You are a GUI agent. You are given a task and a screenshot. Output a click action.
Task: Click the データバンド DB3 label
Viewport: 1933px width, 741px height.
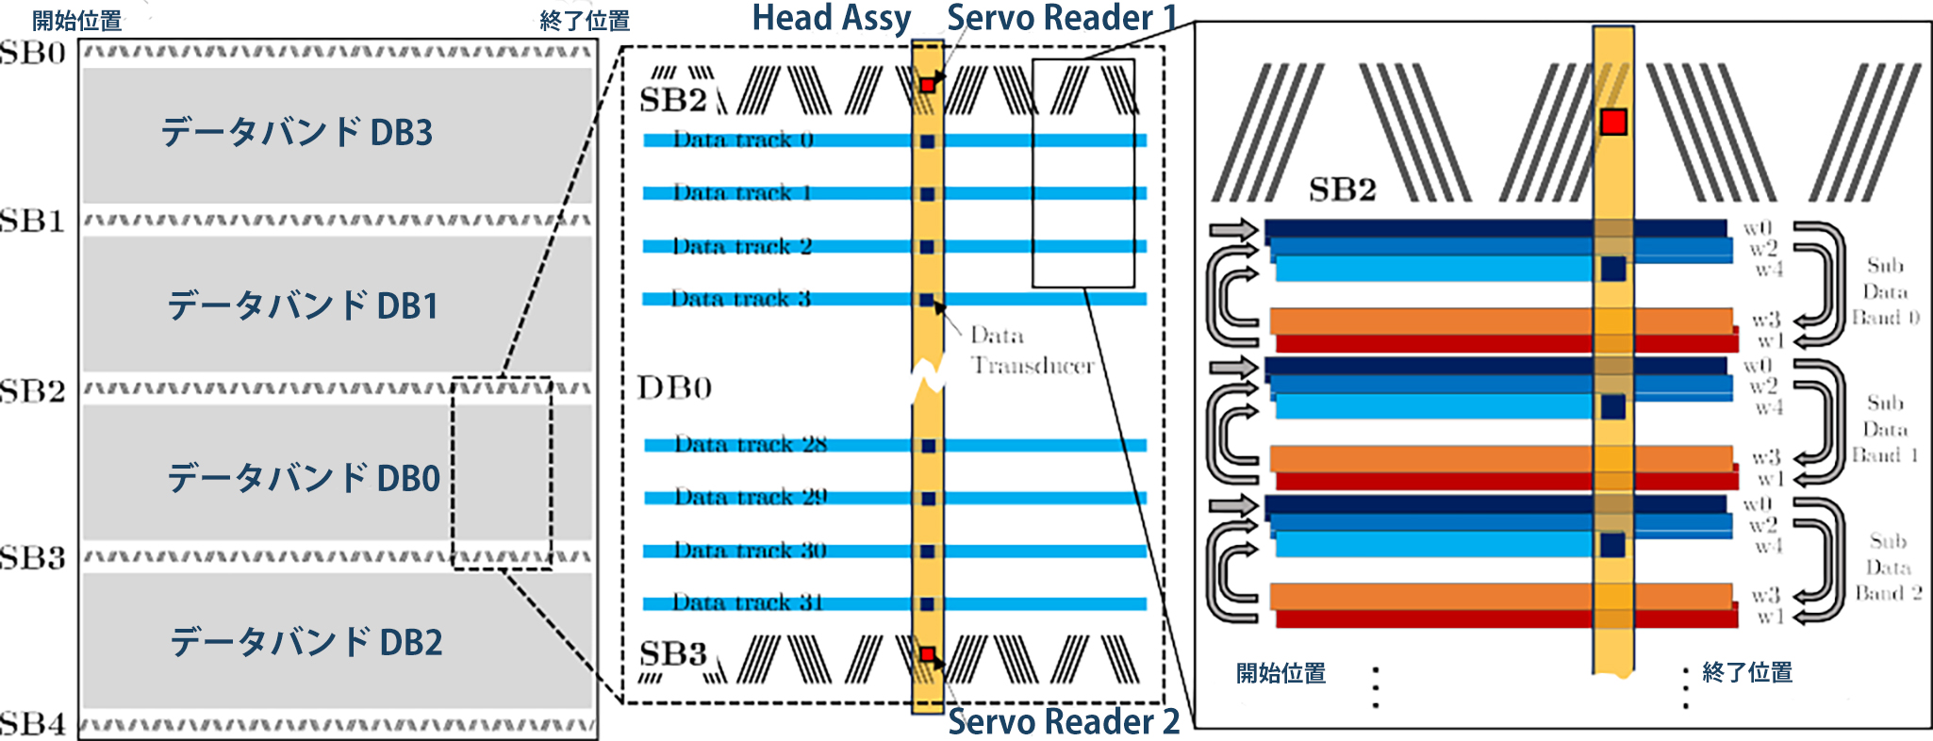(x=297, y=133)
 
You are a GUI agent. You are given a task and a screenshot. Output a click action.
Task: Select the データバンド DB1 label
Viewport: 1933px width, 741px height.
(x=303, y=306)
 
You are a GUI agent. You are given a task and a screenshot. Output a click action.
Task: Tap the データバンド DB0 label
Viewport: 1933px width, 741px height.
(x=304, y=478)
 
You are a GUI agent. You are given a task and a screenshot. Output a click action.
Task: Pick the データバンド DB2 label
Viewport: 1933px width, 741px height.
(x=306, y=642)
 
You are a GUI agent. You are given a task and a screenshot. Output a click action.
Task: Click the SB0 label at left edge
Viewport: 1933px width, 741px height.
(x=33, y=53)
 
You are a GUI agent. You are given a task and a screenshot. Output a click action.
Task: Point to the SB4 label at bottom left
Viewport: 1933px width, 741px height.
(x=33, y=724)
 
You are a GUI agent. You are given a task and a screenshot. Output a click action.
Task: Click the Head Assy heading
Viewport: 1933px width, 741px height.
(x=831, y=18)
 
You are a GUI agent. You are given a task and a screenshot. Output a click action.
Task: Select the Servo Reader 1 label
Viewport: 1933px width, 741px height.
(x=1062, y=18)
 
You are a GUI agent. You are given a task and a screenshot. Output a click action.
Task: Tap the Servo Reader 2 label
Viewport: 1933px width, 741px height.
(x=1064, y=721)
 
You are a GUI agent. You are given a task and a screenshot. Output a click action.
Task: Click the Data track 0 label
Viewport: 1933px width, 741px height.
(x=743, y=140)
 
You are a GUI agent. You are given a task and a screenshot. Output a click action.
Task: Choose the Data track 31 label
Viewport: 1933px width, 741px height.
(x=748, y=602)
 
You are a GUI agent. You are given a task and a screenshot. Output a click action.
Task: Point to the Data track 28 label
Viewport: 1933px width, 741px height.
(x=751, y=444)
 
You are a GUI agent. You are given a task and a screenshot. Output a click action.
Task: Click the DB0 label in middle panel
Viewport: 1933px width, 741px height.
(x=674, y=387)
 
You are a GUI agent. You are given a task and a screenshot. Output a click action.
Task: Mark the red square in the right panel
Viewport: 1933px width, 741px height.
(x=1613, y=122)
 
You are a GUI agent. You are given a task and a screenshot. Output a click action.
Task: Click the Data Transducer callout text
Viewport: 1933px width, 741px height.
(x=1032, y=351)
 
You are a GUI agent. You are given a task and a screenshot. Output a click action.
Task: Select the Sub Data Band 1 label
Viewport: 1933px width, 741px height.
(x=1885, y=429)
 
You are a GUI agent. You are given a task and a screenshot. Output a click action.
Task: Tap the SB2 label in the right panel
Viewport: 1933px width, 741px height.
(x=1342, y=189)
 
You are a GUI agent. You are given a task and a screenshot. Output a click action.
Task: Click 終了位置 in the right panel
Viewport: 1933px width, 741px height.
(x=1746, y=672)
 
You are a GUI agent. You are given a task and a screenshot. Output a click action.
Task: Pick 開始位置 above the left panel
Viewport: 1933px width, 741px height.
(x=77, y=20)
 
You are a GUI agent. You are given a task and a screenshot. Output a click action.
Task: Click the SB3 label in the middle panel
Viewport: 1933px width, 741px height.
(x=672, y=653)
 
